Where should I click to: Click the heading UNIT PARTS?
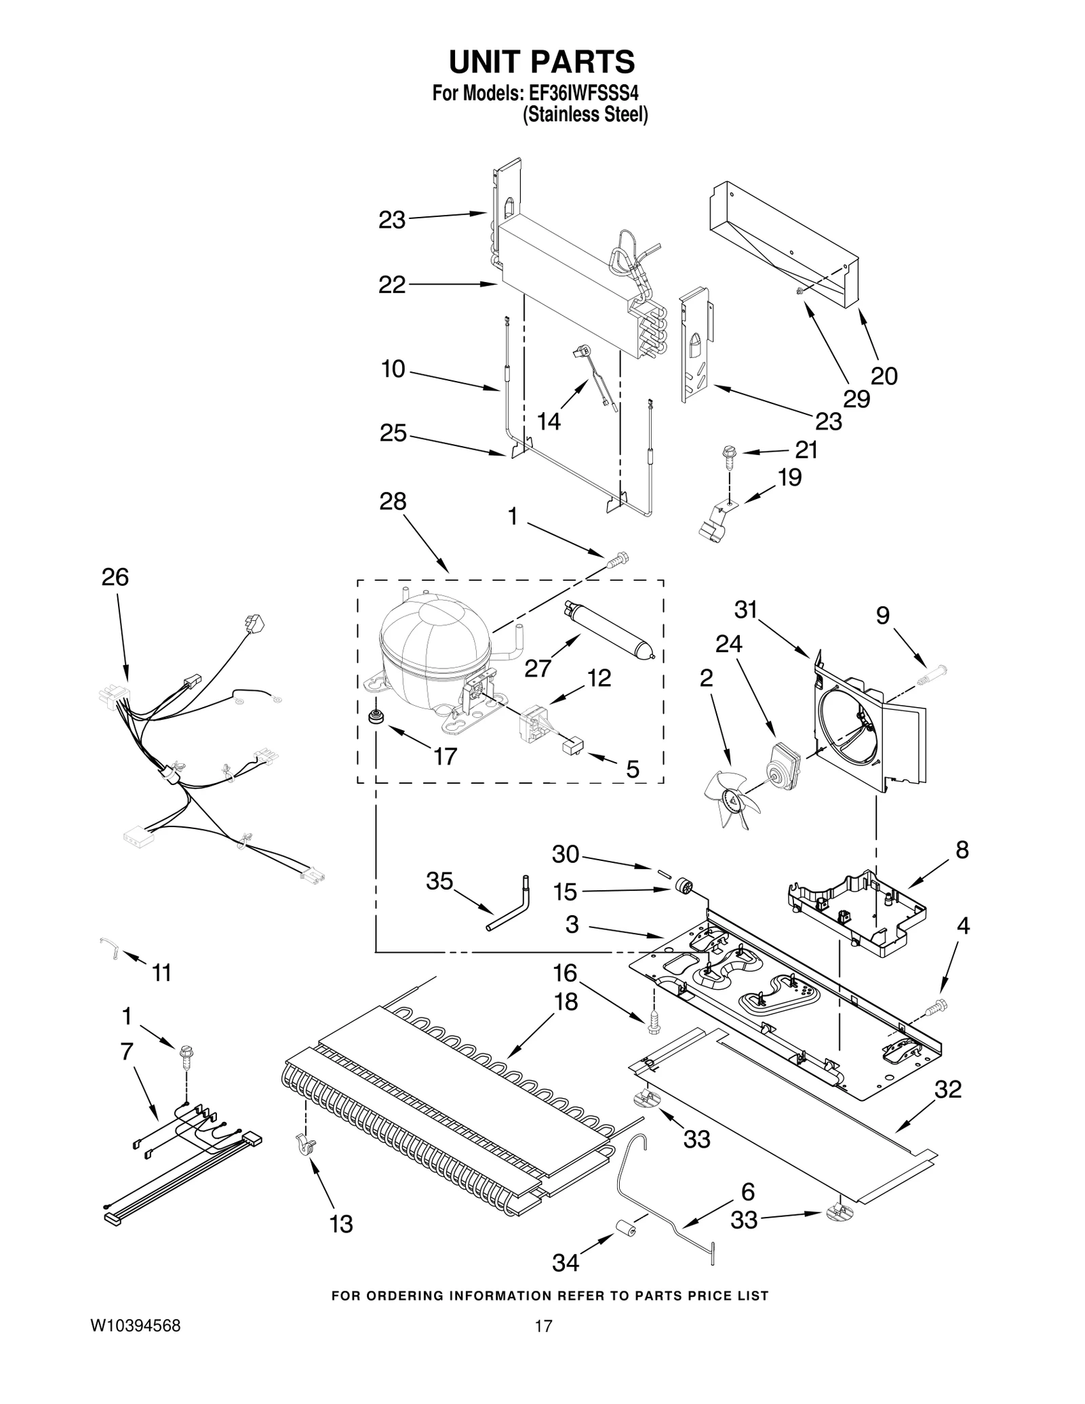click(x=542, y=62)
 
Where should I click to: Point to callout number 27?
click(x=538, y=668)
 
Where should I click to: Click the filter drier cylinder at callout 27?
click(x=608, y=628)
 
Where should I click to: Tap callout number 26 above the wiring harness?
click(x=115, y=578)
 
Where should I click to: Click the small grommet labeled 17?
click(x=373, y=717)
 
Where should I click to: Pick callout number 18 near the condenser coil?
click(x=566, y=1001)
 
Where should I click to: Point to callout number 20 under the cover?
click(x=884, y=376)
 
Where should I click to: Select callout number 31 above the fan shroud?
click(x=746, y=610)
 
